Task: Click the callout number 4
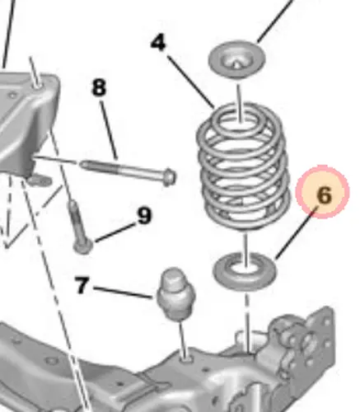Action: pyautogui.click(x=158, y=43)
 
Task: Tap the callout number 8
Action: pyautogui.click(x=99, y=87)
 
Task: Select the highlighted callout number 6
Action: pyautogui.click(x=324, y=194)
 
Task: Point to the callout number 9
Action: pyautogui.click(x=144, y=215)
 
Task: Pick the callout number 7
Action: pyautogui.click(x=82, y=285)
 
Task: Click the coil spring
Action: pyautogui.click(x=243, y=168)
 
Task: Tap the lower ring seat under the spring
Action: pyautogui.click(x=245, y=271)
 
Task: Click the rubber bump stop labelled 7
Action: pyautogui.click(x=175, y=294)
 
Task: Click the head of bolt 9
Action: pyautogui.click(x=83, y=246)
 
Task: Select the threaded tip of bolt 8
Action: pyautogui.click(x=85, y=164)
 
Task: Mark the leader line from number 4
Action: pyautogui.click(x=191, y=82)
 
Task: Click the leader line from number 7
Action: pyautogui.click(x=123, y=293)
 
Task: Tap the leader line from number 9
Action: pyautogui.click(x=116, y=232)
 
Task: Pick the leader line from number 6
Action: pyautogui.click(x=297, y=233)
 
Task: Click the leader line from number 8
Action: pyautogui.click(x=110, y=130)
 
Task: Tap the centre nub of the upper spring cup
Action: pyautogui.click(x=236, y=63)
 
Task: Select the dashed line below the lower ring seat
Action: pyautogui.click(x=248, y=321)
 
